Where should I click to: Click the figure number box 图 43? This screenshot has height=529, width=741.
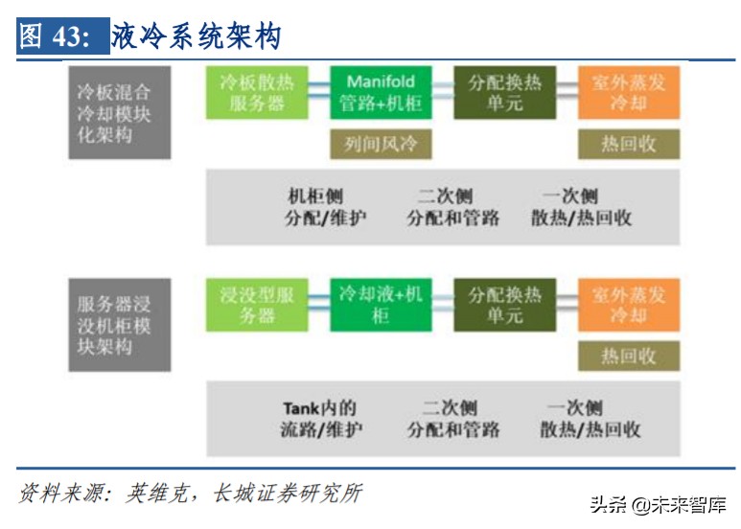[x=55, y=37]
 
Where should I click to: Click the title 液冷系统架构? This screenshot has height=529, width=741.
[x=197, y=37]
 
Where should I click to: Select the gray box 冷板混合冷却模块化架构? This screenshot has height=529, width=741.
[x=119, y=112]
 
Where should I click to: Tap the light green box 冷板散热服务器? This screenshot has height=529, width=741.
[x=257, y=93]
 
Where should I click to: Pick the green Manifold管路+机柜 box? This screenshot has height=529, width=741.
[x=381, y=93]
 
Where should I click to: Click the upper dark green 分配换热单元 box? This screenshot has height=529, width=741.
[x=504, y=93]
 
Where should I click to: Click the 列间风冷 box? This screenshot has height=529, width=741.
[x=381, y=144]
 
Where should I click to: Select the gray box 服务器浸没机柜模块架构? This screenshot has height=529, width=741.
[x=119, y=326]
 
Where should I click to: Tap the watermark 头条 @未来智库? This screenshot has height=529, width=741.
[x=658, y=505]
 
